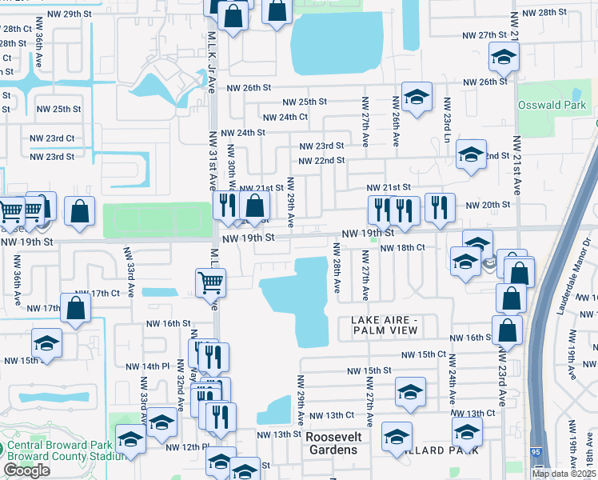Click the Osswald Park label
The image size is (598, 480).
pos(551,105)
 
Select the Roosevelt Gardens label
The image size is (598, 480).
pos(333,443)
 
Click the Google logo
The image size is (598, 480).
pos(26,470)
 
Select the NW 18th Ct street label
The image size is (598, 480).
pos(402,248)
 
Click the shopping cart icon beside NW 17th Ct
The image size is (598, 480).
pos(210,281)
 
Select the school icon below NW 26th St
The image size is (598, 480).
pos(416,97)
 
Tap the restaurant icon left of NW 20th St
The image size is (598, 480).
pos(440,206)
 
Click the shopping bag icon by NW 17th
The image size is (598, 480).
pos(75,309)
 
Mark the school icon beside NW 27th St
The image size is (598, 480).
pos(504,56)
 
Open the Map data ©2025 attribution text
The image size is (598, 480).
pos(564,473)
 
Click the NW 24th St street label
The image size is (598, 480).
pos(243,133)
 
